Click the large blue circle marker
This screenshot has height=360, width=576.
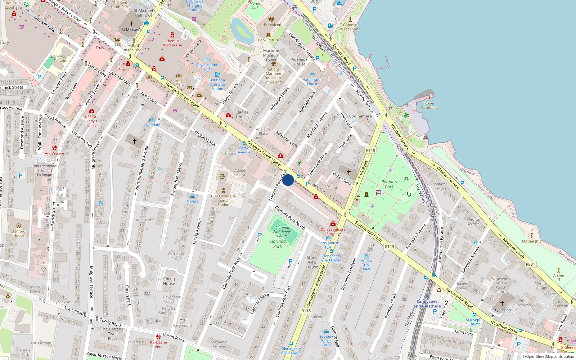288,180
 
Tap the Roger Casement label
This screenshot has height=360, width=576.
429,105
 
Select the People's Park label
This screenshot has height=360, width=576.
389,184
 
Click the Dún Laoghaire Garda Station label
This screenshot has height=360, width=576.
223,201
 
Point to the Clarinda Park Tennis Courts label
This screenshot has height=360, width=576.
282,231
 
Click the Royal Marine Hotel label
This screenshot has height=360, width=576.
207,67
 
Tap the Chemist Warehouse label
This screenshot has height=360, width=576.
172,43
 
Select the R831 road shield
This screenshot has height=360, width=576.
530,264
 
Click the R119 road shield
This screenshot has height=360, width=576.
390,247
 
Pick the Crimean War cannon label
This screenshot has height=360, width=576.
350,27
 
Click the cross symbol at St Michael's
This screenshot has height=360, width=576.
132,24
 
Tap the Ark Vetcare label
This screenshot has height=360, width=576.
54,153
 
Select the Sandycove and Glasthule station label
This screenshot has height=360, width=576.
427,304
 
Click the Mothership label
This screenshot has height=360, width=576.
531,241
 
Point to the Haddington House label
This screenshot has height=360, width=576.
312,82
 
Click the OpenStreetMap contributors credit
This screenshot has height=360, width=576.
548,356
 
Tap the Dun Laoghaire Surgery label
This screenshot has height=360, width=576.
333,231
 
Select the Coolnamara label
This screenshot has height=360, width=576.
360,116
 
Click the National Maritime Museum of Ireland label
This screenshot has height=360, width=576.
274,76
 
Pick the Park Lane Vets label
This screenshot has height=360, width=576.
158,345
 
